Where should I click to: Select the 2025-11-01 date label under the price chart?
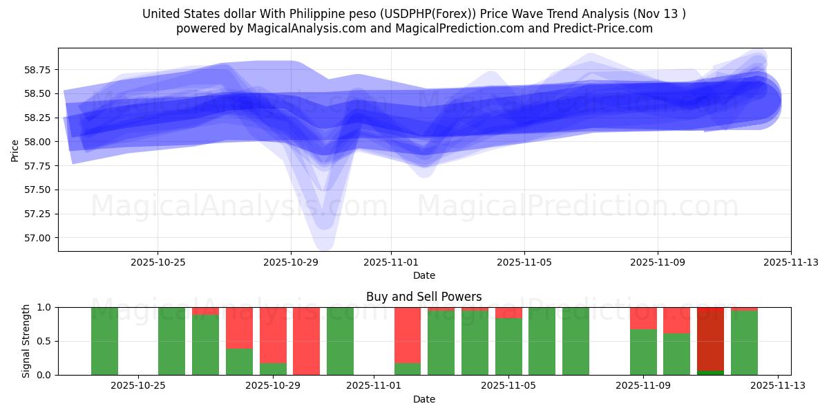pyautogui.click(x=391, y=262)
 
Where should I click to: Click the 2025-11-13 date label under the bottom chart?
pyautogui.click(x=778, y=386)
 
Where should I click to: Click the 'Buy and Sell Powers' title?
pyautogui.click(x=423, y=297)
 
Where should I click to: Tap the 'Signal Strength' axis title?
pyautogui.click(x=26, y=341)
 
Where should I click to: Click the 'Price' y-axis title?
pyautogui.click(x=15, y=150)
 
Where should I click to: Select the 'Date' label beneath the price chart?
pyautogui.click(x=423, y=275)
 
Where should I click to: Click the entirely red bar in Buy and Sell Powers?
pyautogui.click(x=306, y=341)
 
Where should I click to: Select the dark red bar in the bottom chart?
pyautogui.click(x=710, y=339)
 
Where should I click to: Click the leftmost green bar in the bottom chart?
pyautogui.click(x=104, y=341)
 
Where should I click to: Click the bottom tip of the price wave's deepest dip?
pyautogui.click(x=323, y=247)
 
